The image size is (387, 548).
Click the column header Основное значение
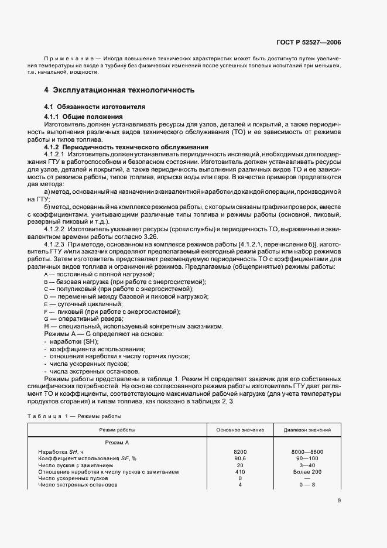239,430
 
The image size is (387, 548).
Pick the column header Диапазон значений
307,430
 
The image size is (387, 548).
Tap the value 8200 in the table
240,452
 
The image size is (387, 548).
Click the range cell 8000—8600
307,452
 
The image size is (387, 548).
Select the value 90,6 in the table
240,458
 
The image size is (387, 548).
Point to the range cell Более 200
307,471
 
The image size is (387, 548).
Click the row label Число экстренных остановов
78,484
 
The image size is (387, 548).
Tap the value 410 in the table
240,471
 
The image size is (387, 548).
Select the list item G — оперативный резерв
79,318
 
